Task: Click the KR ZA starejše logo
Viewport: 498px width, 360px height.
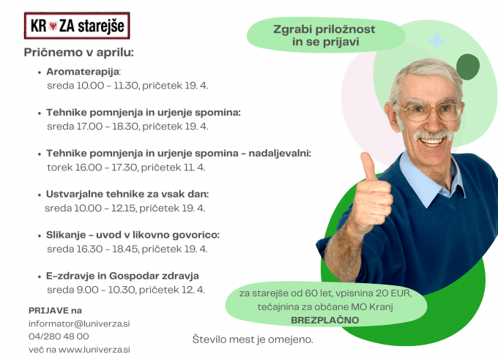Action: pyautogui.click(x=77, y=26)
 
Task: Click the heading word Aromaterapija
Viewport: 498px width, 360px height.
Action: pyautogui.click(x=83, y=72)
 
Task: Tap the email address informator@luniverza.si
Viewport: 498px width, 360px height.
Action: pyautogui.click(x=79, y=324)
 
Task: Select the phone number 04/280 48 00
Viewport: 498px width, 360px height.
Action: pyautogui.click(x=59, y=337)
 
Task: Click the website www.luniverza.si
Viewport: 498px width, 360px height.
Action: pyautogui.click(x=94, y=350)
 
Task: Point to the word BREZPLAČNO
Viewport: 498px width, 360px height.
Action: pyautogui.click(x=325, y=320)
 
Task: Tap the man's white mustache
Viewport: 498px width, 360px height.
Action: pyautogui.click(x=434, y=135)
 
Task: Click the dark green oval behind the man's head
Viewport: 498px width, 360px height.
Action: pyautogui.click(x=468, y=67)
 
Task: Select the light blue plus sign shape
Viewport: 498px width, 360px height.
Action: pyautogui.click(x=436, y=41)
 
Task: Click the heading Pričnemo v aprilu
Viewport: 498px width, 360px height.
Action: pyautogui.click(x=79, y=53)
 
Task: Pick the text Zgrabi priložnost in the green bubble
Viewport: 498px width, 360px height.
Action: pyautogui.click(x=324, y=29)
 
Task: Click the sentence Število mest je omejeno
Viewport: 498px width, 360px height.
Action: pyautogui.click(x=253, y=340)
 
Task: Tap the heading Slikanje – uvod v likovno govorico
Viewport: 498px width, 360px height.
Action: pyautogui.click(x=133, y=235)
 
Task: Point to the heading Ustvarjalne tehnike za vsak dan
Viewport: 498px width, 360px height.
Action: pyautogui.click(x=127, y=194)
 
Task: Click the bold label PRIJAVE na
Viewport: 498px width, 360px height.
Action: pyautogui.click(x=55, y=310)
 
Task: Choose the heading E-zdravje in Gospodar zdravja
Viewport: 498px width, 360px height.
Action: pyautogui.click(x=122, y=276)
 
